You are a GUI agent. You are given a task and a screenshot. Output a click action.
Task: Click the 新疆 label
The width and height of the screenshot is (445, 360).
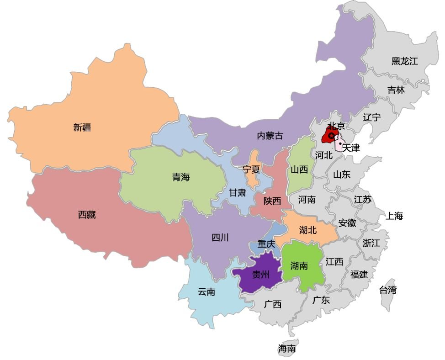tap(82, 127)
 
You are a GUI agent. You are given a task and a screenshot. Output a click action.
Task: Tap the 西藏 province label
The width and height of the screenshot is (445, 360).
tap(87, 215)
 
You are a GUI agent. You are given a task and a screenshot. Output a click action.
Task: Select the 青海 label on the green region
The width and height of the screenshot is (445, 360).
tap(181, 177)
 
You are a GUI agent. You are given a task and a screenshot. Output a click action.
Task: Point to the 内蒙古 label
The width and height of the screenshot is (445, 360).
tap(270, 136)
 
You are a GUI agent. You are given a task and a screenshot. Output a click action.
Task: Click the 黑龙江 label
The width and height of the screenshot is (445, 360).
tap(404, 61)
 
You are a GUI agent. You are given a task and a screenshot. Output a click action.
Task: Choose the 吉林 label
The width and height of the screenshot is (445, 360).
tap(396, 90)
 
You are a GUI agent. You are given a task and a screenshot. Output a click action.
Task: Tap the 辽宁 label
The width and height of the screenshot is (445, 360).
tap(371, 117)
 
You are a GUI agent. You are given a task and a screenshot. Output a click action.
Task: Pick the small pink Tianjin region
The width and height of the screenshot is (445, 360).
tap(339, 143)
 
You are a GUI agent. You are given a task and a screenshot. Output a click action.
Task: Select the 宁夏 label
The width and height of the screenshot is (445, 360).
tap(251, 169)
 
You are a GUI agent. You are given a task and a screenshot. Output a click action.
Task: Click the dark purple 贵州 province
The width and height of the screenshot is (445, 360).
tap(258, 275)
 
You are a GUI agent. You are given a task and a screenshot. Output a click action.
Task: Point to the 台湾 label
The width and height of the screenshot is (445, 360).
tap(387, 290)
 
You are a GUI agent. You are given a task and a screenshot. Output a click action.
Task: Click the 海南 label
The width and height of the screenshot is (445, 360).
tap(287, 349)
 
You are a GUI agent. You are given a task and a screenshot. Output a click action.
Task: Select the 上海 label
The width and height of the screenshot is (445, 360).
tap(394, 216)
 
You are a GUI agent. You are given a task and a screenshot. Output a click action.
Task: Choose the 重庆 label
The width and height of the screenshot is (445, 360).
tap(266, 244)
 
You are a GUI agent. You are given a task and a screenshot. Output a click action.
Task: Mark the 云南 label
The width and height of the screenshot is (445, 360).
tap(207, 292)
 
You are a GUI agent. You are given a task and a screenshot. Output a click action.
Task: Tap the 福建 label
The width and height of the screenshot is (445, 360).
tap(359, 275)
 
